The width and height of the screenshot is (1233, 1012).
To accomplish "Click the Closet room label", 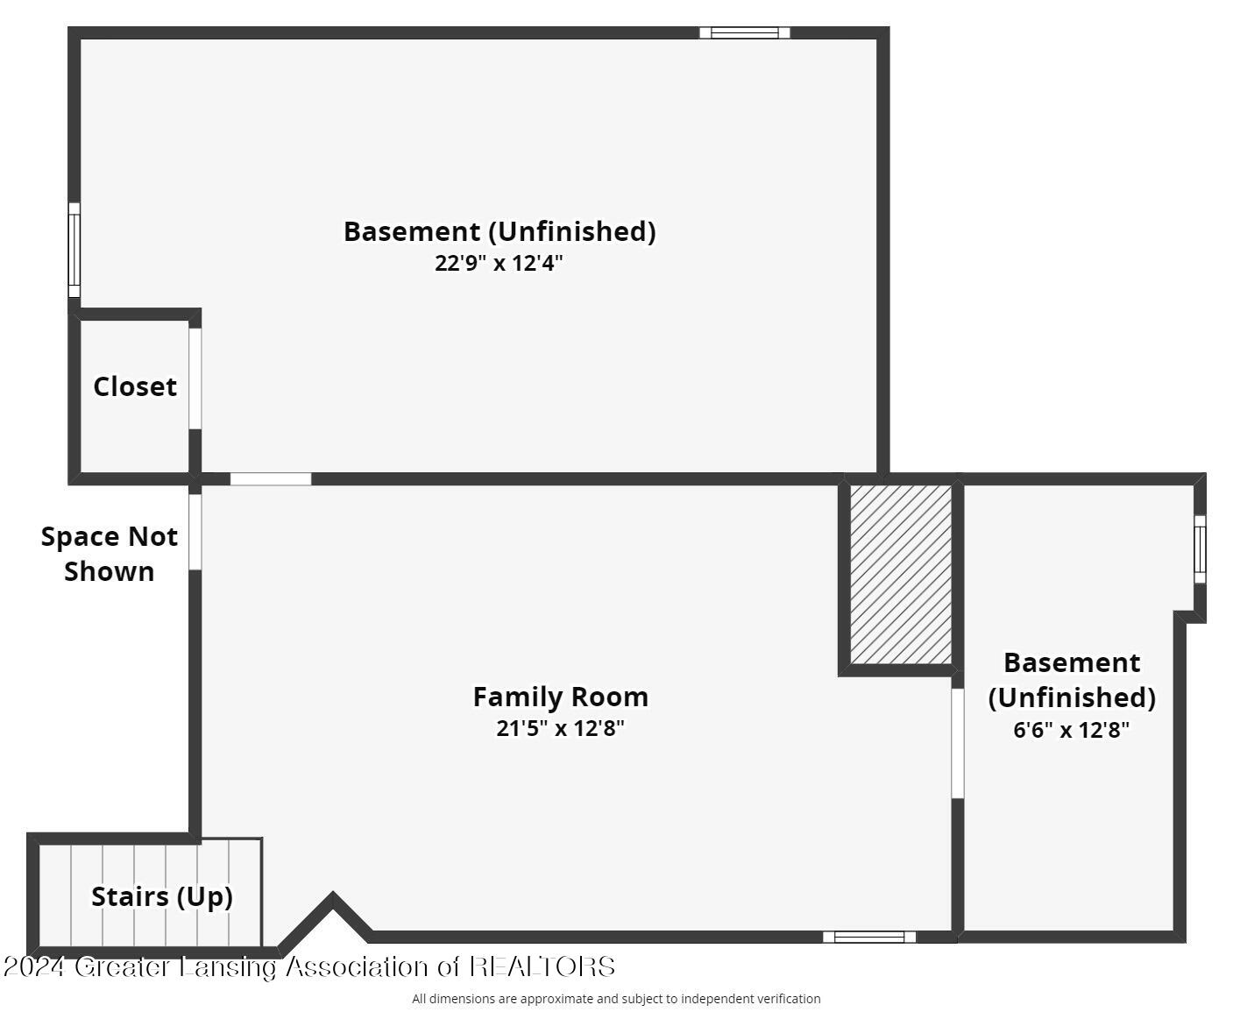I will [135, 386].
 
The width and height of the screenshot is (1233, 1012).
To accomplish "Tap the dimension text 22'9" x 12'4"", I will [499, 263].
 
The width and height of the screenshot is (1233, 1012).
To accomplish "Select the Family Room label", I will [561, 697].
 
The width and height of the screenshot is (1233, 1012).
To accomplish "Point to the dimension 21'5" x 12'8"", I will [561, 728].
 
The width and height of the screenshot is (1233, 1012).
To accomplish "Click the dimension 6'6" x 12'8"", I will [1071, 730].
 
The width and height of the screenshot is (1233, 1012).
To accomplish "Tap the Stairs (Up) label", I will [162, 896].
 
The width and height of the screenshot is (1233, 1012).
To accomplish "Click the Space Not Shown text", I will [109, 554].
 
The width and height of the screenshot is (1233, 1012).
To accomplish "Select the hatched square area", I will [901, 575].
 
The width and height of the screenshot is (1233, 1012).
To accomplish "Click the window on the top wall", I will [745, 33].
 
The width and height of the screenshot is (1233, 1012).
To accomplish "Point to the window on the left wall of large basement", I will [74, 251].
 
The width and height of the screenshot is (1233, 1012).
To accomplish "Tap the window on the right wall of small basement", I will [1200, 548].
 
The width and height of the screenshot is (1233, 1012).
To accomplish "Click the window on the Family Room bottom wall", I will [869, 937].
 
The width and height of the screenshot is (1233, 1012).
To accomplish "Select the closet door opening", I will [195, 379].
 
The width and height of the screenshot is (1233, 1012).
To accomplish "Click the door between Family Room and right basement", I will [958, 743].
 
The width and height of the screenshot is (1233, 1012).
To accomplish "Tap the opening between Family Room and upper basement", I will [271, 479].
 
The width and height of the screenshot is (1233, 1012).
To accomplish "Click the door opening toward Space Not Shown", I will [195, 532].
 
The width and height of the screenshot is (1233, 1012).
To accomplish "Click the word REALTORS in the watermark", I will [542, 966].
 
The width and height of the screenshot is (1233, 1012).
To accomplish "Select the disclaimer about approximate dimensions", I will [616, 999].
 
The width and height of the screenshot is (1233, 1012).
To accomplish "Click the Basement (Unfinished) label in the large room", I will [500, 231].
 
